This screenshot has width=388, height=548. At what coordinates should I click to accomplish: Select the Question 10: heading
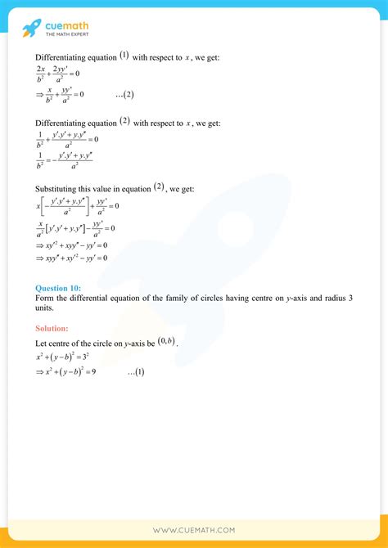tap(58, 288)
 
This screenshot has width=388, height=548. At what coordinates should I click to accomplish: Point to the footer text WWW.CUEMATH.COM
tap(194, 530)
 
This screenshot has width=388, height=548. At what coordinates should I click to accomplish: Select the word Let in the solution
tap(41, 344)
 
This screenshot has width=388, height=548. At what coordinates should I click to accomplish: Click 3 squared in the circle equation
tap(94, 357)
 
